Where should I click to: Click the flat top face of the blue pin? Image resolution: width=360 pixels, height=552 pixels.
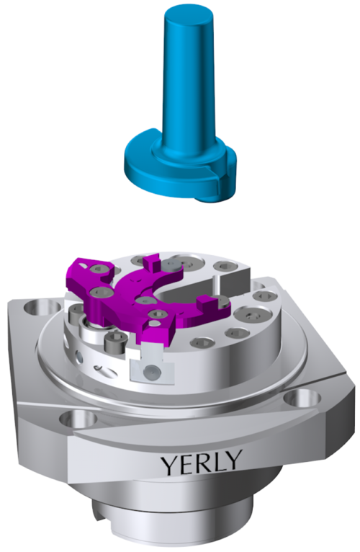188,15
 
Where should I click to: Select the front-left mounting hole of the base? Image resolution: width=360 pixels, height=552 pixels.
78,419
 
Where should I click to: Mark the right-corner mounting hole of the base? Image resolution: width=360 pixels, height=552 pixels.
302,399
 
